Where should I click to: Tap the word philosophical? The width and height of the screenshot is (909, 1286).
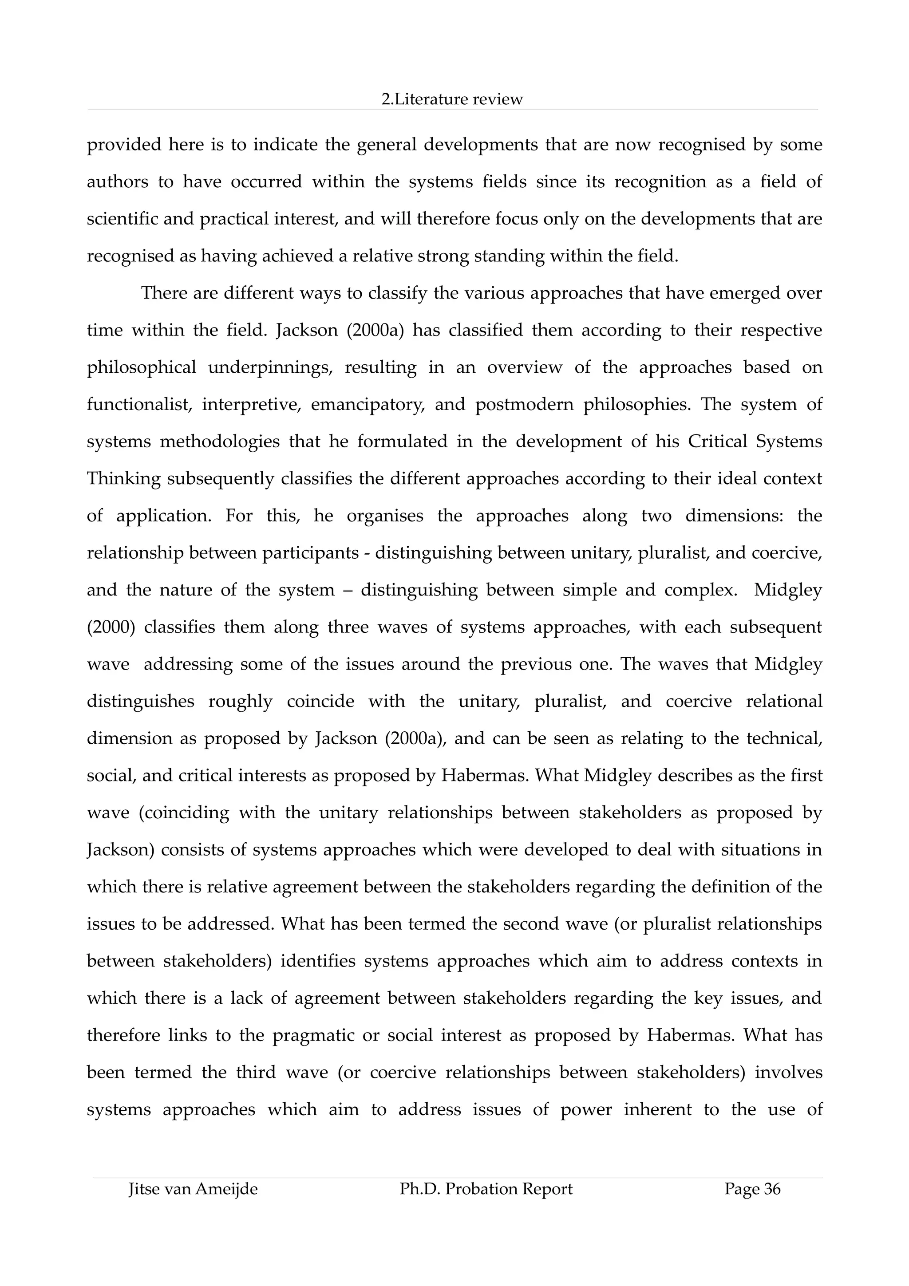click(x=141, y=367)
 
